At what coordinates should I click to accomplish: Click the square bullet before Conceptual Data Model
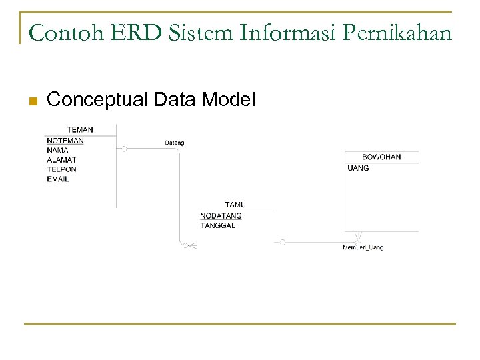tap(31, 101)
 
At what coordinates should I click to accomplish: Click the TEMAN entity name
tap(80, 129)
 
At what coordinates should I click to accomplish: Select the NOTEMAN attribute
tap(65, 141)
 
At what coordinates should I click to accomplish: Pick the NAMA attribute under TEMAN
tap(57, 151)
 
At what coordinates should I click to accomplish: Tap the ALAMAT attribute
tap(61, 160)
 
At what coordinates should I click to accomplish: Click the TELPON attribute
tap(61, 169)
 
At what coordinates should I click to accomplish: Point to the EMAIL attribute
tap(58, 179)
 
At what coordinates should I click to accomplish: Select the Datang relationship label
tap(175, 143)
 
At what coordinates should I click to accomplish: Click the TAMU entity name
tap(235, 205)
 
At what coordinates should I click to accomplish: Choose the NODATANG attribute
tap(221, 216)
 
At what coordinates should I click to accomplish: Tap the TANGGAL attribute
tap(217, 225)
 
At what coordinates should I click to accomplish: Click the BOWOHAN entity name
tap(381, 157)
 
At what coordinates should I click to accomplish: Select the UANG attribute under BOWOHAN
tap(358, 169)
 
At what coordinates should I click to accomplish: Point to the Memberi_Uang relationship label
tap(363, 248)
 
